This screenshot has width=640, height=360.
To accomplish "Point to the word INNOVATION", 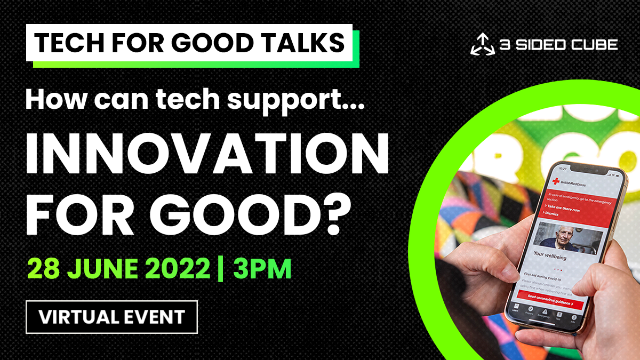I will (x=207, y=155).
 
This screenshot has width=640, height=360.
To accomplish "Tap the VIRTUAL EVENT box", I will (x=111, y=317).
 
